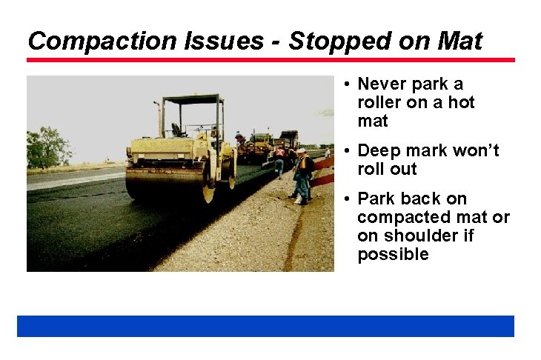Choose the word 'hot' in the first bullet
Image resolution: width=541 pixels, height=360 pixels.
pyautogui.click(x=461, y=102)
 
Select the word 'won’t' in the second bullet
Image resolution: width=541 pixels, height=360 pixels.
pyautogui.click(x=474, y=150)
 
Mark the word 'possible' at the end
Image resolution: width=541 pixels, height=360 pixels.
pyautogui.click(x=393, y=254)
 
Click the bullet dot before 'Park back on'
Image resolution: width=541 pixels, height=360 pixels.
pyautogui.click(x=348, y=199)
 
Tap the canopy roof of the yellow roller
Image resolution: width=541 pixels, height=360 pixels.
pyautogui.click(x=192, y=99)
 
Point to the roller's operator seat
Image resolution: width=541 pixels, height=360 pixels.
pyautogui.click(x=179, y=130)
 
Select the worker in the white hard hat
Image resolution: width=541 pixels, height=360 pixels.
pyautogui.click(x=302, y=175)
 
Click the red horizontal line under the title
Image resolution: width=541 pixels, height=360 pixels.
pyautogui.click(x=270, y=59)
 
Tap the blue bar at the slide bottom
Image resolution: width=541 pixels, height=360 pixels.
pyautogui.click(x=265, y=326)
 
